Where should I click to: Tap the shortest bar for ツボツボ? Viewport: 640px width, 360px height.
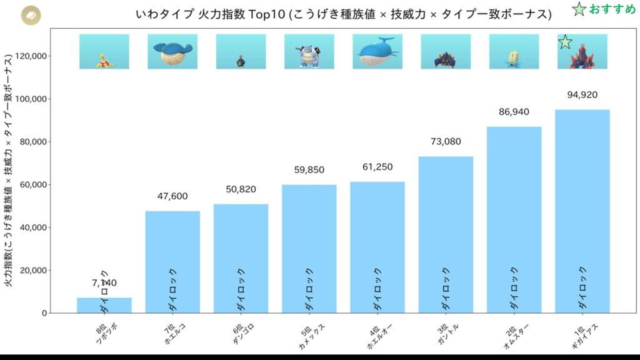pyautogui.click(x=104, y=305)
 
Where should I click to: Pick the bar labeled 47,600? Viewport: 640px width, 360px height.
pyautogui.click(x=172, y=262)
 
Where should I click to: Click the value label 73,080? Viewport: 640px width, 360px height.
pyautogui.click(x=446, y=142)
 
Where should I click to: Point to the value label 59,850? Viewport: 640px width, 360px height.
pyautogui.click(x=309, y=170)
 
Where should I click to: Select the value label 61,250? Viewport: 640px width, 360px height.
pyautogui.click(x=377, y=167)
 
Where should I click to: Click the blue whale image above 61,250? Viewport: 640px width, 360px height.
pyautogui.click(x=377, y=51)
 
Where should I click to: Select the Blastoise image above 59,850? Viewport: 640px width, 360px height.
pyautogui.click(x=309, y=51)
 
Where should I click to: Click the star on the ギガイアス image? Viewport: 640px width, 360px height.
pyautogui.click(x=565, y=42)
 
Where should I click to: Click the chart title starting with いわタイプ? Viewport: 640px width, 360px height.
pyautogui.click(x=344, y=14)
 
